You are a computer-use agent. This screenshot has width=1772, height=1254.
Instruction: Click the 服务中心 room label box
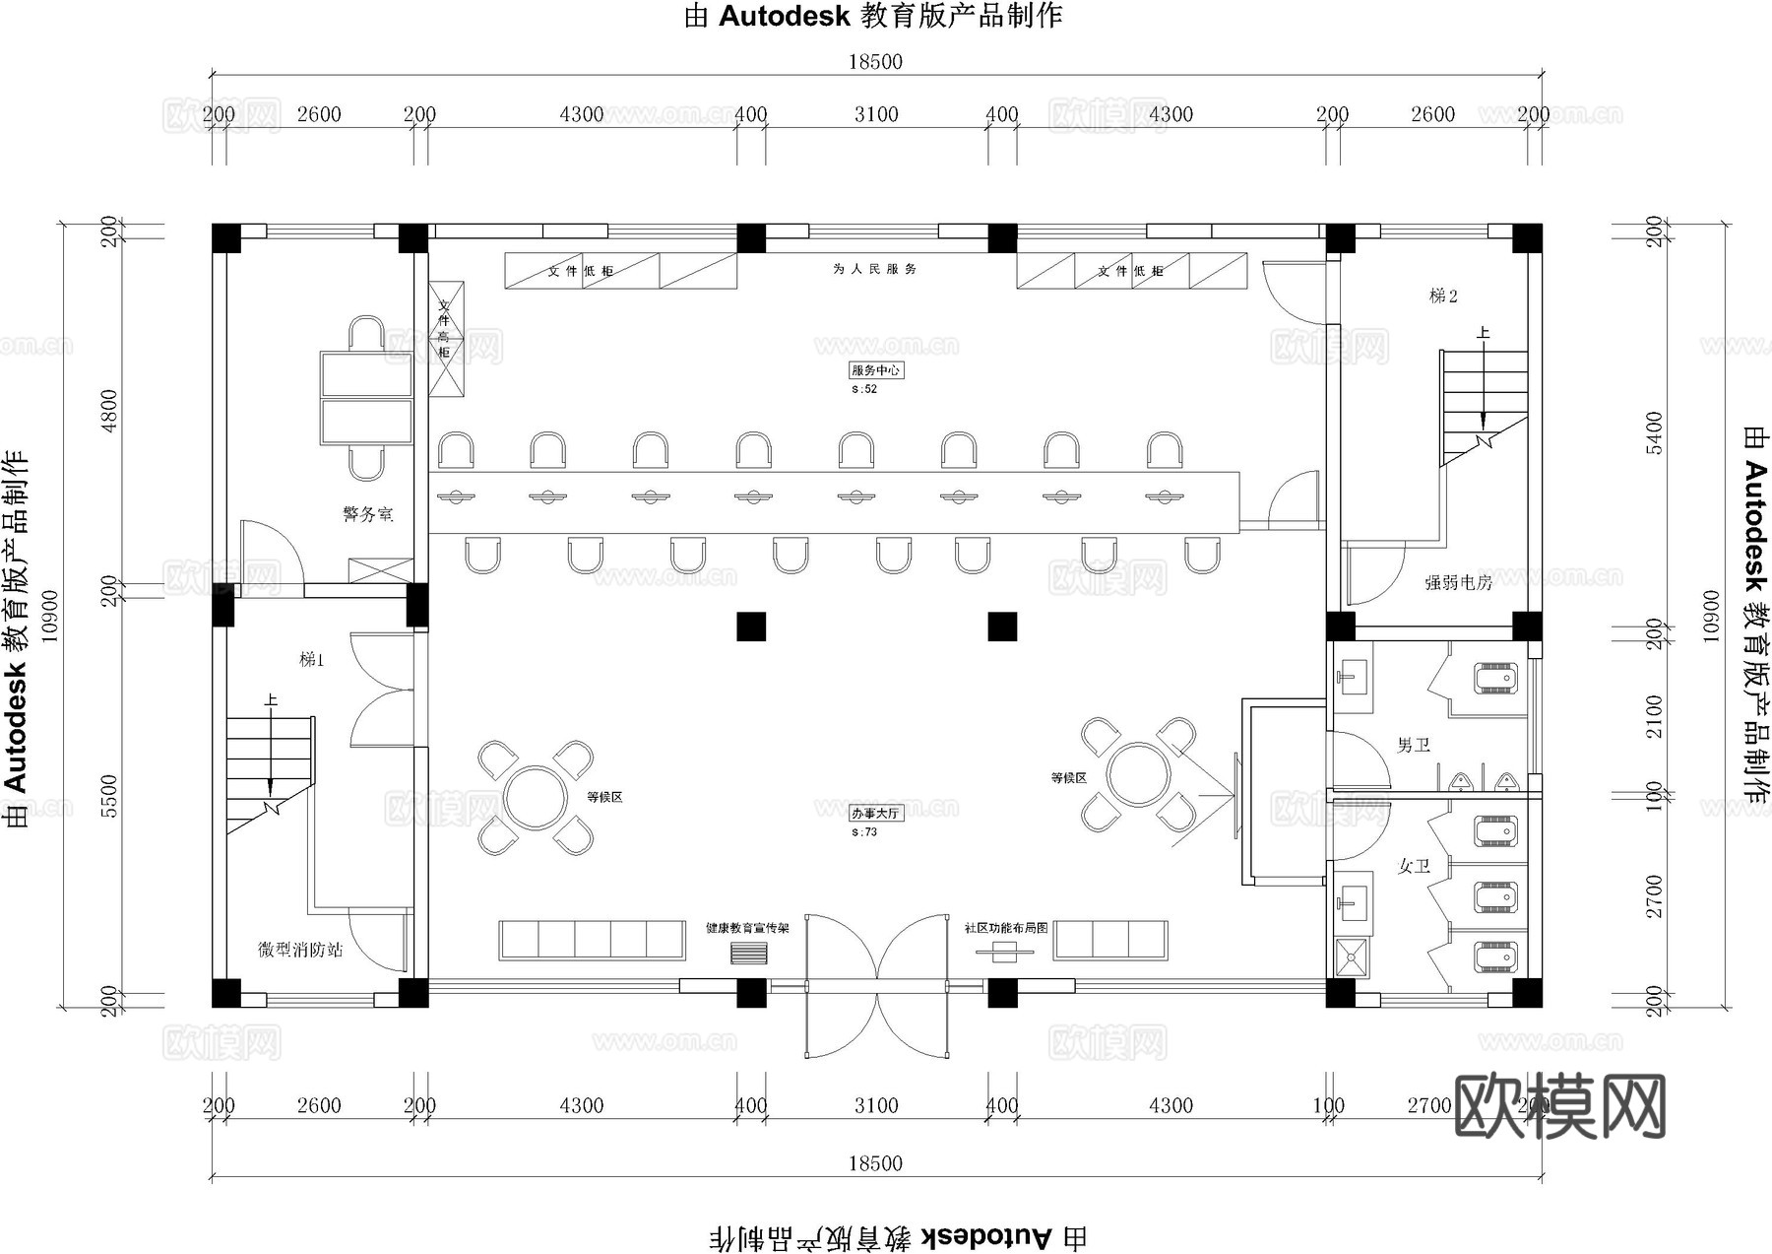pos(875,370)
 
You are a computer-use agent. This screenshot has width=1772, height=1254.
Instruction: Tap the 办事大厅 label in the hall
pos(875,814)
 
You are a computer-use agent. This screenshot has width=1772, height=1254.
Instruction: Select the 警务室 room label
pos(367,514)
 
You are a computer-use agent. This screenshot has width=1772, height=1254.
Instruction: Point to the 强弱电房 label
pos(1458,583)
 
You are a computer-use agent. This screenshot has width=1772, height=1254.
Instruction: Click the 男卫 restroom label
pos(1413,746)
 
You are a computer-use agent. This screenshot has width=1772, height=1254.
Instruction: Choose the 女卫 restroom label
pos(1414,867)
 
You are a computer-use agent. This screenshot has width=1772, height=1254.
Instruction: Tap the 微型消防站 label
pos(300,950)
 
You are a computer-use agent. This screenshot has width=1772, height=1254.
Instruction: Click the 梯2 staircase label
pos(1443,296)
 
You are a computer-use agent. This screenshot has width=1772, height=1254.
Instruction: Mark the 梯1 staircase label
pos(311,660)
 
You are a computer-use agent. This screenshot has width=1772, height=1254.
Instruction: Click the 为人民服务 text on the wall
pos(874,269)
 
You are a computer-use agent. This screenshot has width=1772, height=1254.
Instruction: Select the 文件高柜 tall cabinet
pos(445,340)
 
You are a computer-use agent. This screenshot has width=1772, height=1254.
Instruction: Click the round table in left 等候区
pos(536,798)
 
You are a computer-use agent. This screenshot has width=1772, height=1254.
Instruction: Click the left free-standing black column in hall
pos(751,627)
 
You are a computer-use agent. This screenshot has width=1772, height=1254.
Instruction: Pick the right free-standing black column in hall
pos(1002,627)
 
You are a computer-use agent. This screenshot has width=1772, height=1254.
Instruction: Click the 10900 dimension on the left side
pos(49,616)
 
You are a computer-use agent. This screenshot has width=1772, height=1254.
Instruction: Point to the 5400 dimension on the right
pos(1654,432)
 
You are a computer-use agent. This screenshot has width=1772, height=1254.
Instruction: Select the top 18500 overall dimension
pos(875,62)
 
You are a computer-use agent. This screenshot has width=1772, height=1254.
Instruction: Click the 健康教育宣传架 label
pos(747,928)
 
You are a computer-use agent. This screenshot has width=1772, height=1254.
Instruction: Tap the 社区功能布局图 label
pos(1005,928)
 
